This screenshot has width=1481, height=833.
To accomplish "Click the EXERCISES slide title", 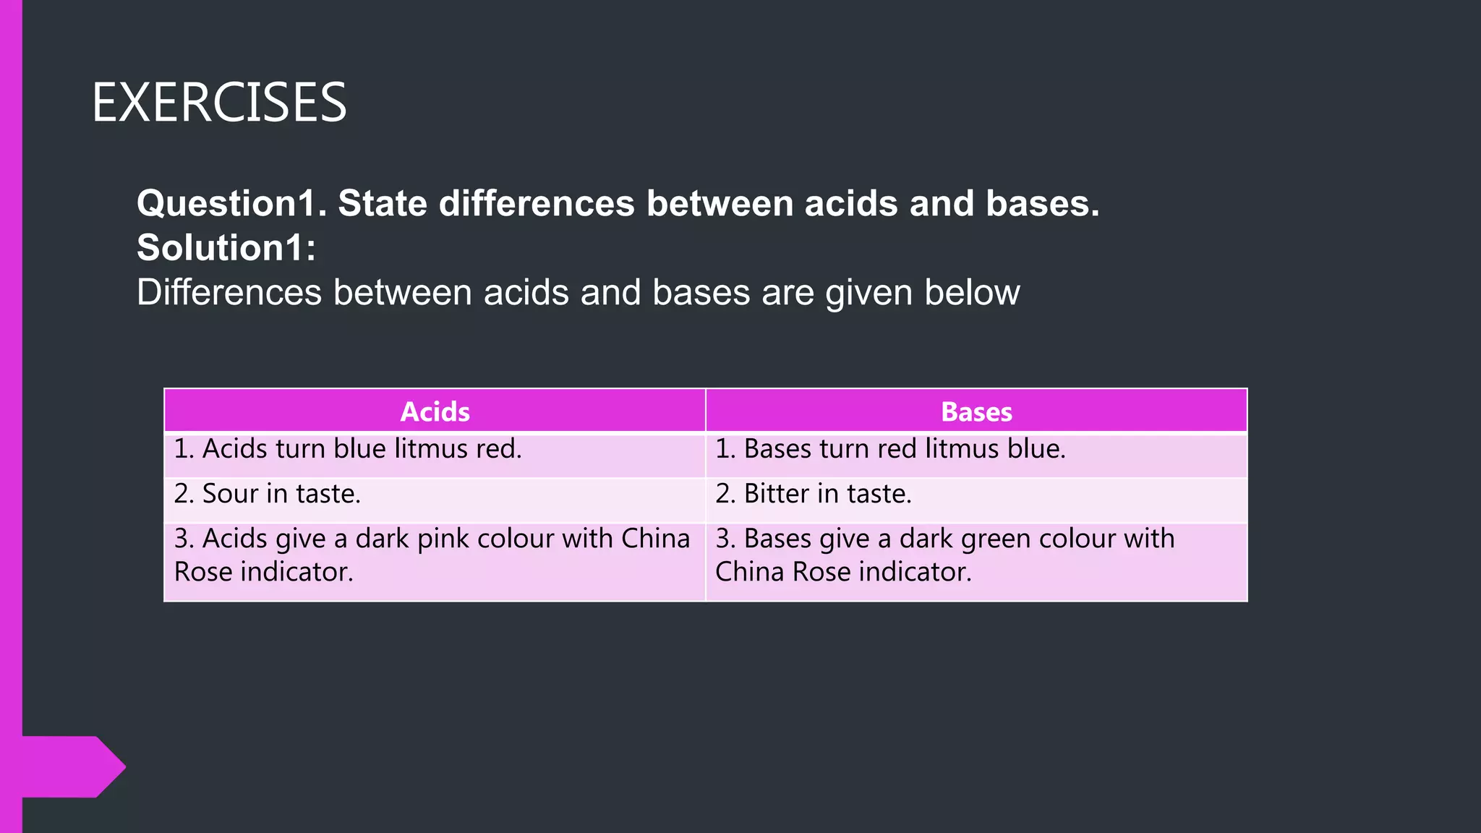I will (x=219, y=103).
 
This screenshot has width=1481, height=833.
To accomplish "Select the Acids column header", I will (x=435, y=411).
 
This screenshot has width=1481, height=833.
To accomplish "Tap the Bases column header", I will (x=976, y=411).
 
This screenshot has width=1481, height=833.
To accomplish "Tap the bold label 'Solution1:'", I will (x=226, y=247).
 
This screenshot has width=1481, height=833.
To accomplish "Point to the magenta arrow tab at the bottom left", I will (x=72, y=766).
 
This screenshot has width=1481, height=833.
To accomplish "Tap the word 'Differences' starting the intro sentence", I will (x=229, y=293).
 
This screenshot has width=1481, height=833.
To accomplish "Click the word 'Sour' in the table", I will (x=230, y=494).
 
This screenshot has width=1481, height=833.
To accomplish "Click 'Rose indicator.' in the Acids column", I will (x=264, y=572).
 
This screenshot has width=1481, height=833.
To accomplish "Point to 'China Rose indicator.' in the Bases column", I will (x=843, y=572).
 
